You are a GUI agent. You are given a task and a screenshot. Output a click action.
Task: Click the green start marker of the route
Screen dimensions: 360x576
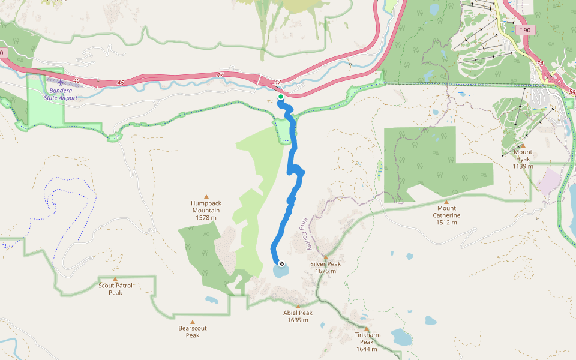(280, 96)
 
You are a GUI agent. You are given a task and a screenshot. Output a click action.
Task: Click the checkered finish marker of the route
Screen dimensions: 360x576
(281, 262)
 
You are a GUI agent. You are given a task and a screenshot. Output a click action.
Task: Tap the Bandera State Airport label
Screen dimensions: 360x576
(60, 94)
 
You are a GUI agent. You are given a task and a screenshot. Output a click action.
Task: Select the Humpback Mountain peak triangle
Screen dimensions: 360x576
(206, 196)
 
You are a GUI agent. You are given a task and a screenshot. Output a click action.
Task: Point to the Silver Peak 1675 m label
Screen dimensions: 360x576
(326, 268)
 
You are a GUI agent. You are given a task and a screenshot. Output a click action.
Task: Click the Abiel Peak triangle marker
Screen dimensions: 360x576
(298, 307)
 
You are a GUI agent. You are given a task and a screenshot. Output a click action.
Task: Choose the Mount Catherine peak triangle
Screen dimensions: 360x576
(446, 202)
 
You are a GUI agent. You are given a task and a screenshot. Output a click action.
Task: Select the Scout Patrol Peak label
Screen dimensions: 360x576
(115, 289)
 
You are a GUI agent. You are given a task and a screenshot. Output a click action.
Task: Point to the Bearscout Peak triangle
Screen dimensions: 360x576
(192, 322)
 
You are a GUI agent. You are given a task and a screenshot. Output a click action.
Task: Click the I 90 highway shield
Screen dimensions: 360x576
(526, 29)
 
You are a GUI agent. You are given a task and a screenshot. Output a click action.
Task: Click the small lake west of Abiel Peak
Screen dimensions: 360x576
(211, 300)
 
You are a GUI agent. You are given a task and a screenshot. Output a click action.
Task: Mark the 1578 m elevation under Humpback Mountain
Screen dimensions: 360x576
(206, 218)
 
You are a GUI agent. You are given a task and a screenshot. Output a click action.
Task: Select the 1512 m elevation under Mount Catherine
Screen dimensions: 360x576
(446, 223)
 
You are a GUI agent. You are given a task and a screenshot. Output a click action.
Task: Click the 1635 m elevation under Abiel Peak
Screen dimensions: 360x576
(298, 320)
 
